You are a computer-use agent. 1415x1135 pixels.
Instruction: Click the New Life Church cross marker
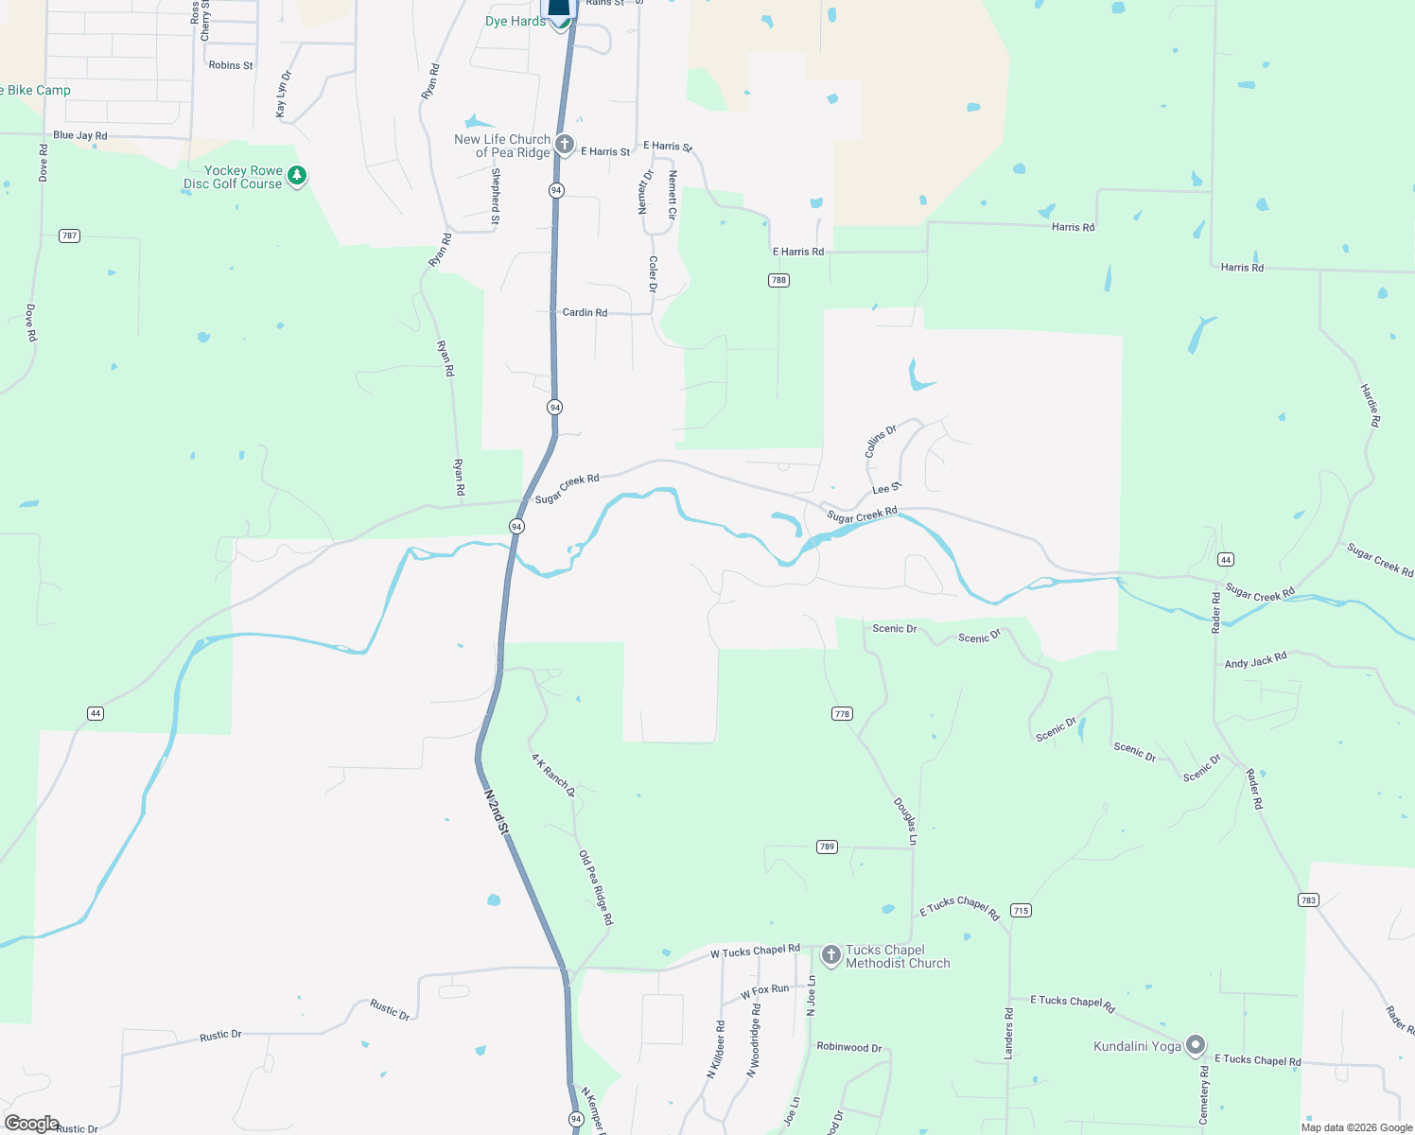point(565,145)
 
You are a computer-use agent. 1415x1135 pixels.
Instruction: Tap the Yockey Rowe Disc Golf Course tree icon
point(297,176)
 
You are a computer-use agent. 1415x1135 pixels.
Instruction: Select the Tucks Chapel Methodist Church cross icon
point(830,955)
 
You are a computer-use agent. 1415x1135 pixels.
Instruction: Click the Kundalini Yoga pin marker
point(1196,1045)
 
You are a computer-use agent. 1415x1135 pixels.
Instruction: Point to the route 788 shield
point(778,280)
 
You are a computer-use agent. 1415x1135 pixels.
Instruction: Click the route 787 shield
point(69,236)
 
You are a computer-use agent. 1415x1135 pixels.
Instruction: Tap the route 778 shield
point(843,713)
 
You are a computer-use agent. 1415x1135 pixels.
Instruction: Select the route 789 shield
point(827,847)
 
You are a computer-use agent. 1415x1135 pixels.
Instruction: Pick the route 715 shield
point(1021,910)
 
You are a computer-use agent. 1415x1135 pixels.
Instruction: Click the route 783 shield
point(1309,899)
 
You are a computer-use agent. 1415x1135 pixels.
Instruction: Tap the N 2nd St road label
point(497,812)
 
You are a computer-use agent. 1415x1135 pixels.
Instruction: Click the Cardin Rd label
point(585,312)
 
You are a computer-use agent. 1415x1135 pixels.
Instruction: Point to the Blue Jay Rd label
point(80,135)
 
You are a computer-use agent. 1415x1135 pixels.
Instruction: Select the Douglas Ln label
point(906,821)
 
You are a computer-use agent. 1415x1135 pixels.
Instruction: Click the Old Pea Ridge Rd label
point(596,887)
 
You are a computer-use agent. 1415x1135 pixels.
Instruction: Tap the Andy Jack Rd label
point(1255,660)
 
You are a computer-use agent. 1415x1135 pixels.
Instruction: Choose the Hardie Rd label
point(1371,405)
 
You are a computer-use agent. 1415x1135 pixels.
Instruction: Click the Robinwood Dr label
point(849,1047)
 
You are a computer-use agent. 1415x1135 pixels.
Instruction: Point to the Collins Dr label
point(881,442)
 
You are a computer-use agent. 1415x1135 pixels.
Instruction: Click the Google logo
point(31,1124)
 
